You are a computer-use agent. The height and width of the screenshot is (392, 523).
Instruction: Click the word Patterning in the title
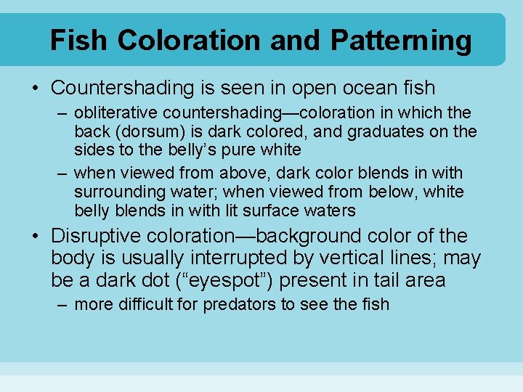[x=400, y=41]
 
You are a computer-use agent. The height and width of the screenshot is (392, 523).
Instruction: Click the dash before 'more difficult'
[x=63, y=304]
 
